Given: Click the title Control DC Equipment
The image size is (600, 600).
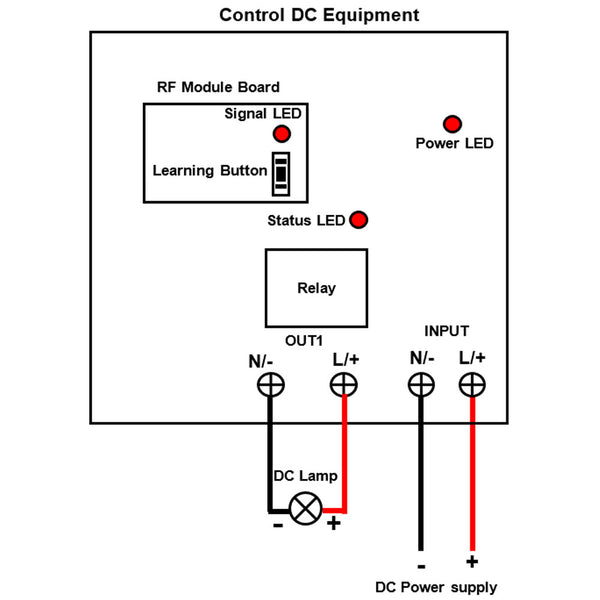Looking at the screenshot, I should coord(319,15).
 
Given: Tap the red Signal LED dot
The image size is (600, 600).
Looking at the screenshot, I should coord(282,134).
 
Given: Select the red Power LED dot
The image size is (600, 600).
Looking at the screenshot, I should coord(452,124).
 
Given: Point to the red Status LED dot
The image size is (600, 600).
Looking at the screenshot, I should coord(357,220).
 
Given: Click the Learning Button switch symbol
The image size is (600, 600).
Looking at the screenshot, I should coord(282,173).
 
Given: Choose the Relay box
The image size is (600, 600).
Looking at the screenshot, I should coord(316,288).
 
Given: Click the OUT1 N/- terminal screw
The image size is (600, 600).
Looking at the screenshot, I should coord(271,384).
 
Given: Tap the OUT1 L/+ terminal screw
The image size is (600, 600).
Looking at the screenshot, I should coord(344,384).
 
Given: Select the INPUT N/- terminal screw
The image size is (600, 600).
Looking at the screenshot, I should coord(421,384).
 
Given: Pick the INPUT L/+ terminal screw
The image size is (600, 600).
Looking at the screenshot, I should coord(472,384).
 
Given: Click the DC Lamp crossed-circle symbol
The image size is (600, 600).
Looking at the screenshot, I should coord(305,508).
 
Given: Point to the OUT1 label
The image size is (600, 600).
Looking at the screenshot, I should coord(304,340).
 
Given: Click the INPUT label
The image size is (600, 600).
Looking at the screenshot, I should coord(446,331).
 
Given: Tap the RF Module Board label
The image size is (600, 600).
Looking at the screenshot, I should coord(218,87).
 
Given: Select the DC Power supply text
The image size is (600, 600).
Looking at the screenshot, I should coord(435,587).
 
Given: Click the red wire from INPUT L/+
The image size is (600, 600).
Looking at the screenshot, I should coord(472,480).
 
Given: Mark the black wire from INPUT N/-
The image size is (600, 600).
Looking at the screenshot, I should coord(421,480).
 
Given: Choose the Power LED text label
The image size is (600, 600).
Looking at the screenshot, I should coord(454,143).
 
